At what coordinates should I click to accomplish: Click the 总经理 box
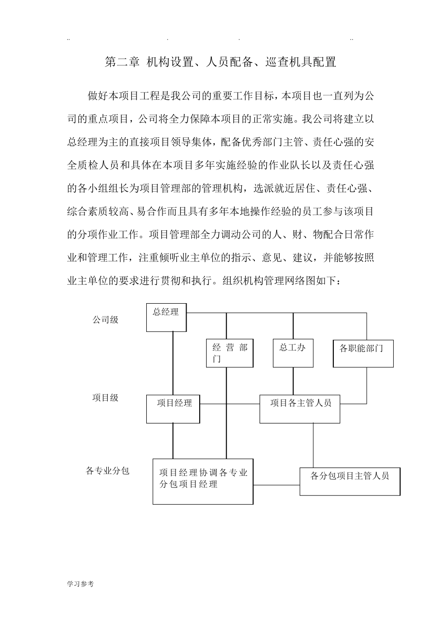tap(166, 318)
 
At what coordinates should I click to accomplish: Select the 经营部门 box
tap(230, 353)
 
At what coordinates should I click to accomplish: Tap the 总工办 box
tap(293, 353)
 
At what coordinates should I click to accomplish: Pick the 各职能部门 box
tap(363, 353)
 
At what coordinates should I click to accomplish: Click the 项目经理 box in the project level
tap(173, 409)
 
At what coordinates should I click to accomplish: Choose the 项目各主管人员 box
tap(299, 409)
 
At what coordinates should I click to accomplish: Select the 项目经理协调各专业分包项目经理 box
tap(203, 481)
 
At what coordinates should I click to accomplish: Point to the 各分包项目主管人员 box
tap(350, 481)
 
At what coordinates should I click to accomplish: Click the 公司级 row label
tap(105, 320)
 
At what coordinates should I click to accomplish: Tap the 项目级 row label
tap(105, 398)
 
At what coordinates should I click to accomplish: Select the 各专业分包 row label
tap(108, 471)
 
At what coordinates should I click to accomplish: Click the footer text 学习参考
tap(80, 584)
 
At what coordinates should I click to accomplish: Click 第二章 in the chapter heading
tap(122, 62)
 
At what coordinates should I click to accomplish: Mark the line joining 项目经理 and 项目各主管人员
tap(230, 403)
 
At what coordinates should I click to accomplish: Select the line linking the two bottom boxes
tap(276, 485)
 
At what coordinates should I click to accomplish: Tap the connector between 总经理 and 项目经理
tap(173, 363)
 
